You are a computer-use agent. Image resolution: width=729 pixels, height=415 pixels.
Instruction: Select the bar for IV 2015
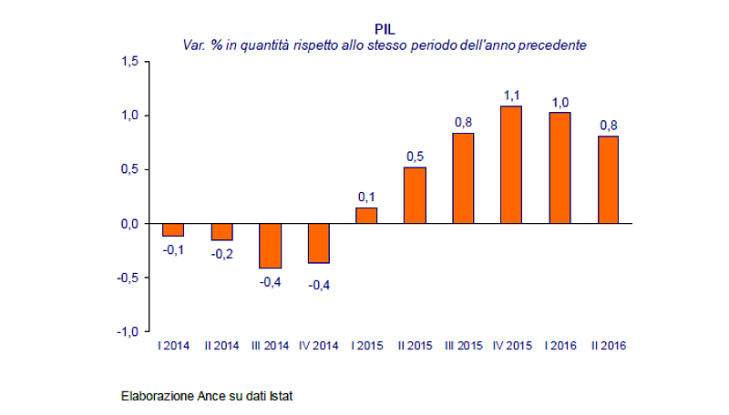click(511, 165)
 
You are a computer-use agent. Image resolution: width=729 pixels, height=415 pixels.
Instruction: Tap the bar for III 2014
click(270, 246)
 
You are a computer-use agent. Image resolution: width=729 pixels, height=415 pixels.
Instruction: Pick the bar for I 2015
click(366, 216)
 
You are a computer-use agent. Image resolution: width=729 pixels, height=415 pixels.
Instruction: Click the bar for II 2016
click(608, 179)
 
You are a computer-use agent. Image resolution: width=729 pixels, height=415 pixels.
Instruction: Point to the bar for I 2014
click(173, 229)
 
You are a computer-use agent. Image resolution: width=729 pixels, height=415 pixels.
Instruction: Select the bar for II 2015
click(415, 195)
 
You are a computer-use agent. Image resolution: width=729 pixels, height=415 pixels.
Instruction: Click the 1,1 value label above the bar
click(511, 95)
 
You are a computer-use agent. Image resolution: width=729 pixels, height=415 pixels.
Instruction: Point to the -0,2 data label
click(221, 255)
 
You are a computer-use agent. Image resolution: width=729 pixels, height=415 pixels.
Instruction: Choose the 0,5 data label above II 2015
click(415, 156)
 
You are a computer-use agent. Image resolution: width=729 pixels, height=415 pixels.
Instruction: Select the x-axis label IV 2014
click(318, 345)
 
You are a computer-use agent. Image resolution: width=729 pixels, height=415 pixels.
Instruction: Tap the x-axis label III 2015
click(463, 345)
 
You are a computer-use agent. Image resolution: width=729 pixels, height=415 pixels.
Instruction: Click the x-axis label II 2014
click(221, 345)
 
